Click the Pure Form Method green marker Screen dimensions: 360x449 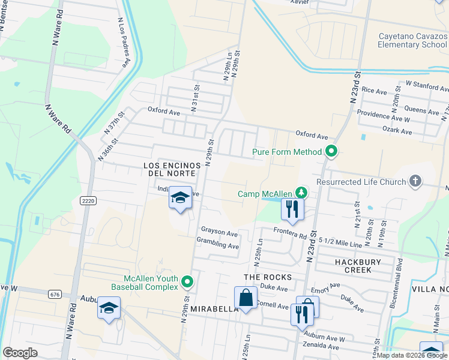330,152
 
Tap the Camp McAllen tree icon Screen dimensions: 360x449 304,193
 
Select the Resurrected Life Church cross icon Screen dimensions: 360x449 415,181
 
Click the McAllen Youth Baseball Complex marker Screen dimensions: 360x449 188,281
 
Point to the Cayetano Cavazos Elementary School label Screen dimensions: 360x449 412,40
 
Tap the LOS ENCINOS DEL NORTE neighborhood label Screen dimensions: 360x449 169,169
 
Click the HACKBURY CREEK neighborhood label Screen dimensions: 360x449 350,266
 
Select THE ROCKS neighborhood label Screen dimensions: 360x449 268,277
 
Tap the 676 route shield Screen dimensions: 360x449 55,294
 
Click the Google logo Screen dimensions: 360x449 20,353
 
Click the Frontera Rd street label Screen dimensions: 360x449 289,234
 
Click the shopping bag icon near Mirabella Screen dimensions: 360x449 246,298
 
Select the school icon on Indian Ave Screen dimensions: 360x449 180,199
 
